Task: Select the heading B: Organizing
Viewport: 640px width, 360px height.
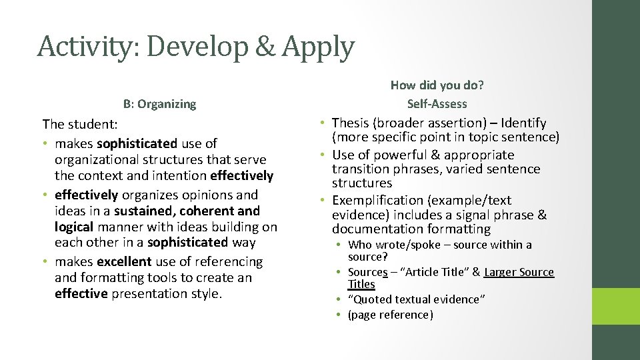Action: tap(159, 103)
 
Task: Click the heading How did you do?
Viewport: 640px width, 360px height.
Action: tap(437, 85)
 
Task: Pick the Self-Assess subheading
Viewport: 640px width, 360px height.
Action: tap(437, 103)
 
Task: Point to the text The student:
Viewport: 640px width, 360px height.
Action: tap(79, 124)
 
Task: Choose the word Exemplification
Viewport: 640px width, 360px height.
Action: tap(378, 200)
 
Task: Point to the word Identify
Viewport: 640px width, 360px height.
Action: tap(523, 123)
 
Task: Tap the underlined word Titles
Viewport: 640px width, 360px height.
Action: tap(361, 284)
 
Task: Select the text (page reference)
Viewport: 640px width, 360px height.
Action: tap(390, 315)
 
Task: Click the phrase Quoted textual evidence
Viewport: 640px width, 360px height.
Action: tap(417, 299)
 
